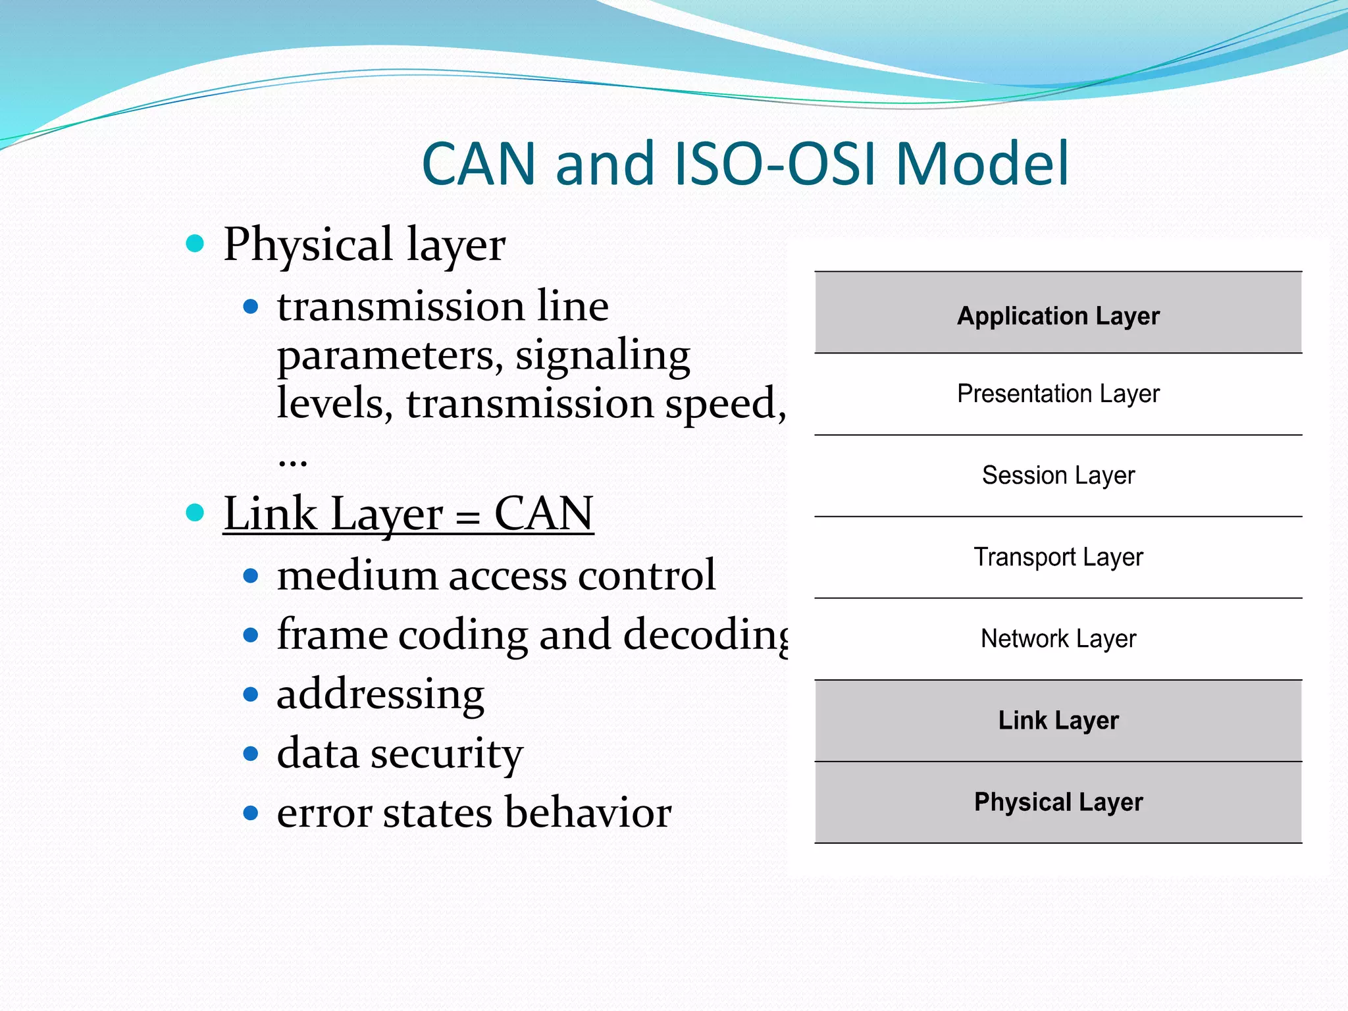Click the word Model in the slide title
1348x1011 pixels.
[x=982, y=165]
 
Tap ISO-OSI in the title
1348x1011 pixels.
[x=777, y=165]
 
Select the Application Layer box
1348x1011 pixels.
[x=1058, y=316]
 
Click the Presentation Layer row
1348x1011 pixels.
[x=1058, y=394]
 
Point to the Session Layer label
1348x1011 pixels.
[x=1058, y=475]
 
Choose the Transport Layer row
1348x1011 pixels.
[x=1058, y=557]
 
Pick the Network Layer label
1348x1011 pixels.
[x=1058, y=638]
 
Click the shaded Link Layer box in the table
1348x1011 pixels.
[x=1058, y=720]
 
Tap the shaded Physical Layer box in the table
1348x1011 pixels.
[x=1058, y=802]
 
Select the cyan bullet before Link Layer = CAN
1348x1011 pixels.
[x=195, y=513]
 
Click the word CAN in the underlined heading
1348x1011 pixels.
[x=544, y=513]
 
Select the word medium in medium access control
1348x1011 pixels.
[x=357, y=575]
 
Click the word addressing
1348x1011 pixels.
[x=380, y=694]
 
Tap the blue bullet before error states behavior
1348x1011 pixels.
[x=250, y=813]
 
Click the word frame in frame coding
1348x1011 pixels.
[x=332, y=635]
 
